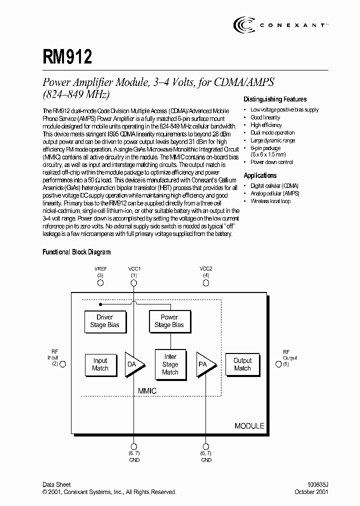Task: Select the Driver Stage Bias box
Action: (104, 321)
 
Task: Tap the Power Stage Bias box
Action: (169, 321)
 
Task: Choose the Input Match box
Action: (100, 364)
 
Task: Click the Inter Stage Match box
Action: (170, 364)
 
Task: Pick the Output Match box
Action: (242, 364)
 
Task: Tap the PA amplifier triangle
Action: (205, 364)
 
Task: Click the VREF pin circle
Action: (100, 283)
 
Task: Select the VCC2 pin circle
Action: (206, 283)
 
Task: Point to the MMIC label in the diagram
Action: (147, 391)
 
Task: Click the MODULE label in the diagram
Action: (249, 426)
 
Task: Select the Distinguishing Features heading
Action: (275, 99)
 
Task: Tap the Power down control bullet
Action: (271, 162)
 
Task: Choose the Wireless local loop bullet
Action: (270, 201)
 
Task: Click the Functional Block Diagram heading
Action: (76, 252)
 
